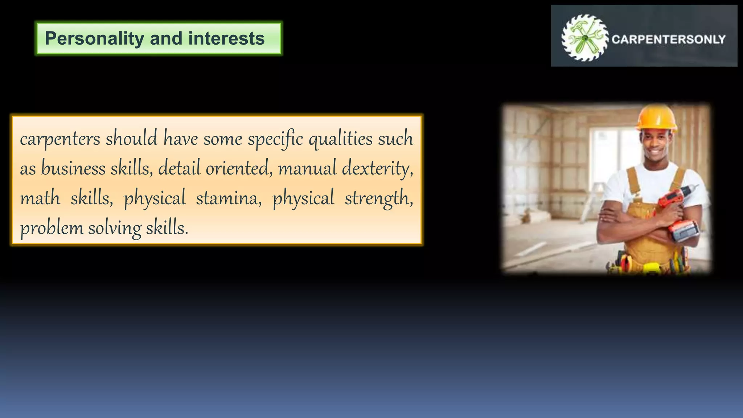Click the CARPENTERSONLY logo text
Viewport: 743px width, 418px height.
point(668,39)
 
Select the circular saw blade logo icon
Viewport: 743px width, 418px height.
point(584,37)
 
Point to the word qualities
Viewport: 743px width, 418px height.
point(340,139)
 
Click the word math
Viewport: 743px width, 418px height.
point(40,198)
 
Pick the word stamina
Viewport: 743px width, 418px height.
point(229,198)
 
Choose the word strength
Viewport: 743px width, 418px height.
point(378,198)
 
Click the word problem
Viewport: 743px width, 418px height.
point(52,228)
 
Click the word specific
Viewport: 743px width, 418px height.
point(275,139)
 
